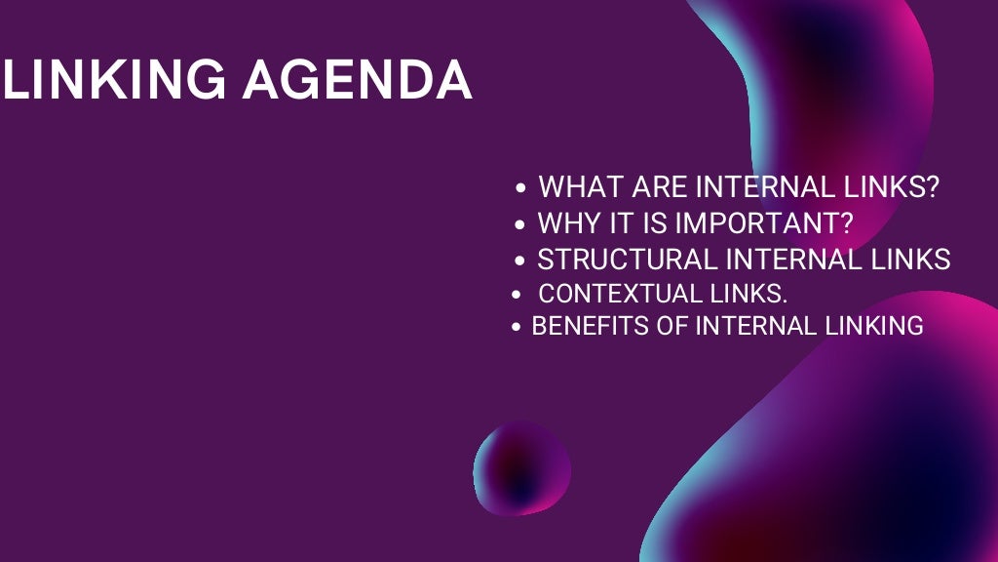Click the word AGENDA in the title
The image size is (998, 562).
pyautogui.click(x=358, y=81)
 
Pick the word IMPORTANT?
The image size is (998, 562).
pyautogui.click(x=764, y=223)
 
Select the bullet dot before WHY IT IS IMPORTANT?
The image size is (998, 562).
pyautogui.click(x=521, y=224)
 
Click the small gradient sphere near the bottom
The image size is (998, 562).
pyautogui.click(x=521, y=468)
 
